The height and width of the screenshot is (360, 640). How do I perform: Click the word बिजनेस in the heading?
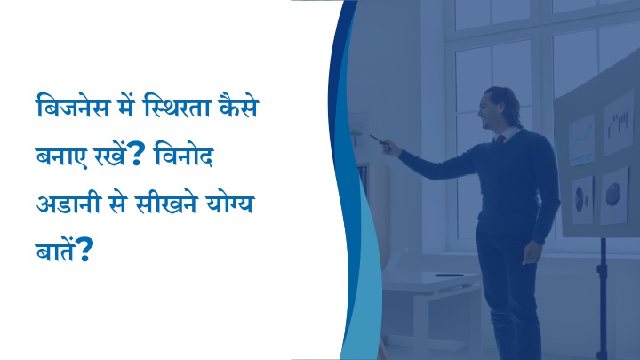pos(74,107)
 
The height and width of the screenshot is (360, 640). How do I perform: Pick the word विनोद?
pos(185,154)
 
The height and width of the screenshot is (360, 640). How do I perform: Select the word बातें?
pos(56,250)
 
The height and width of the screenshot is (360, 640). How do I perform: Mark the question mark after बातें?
pos(85,250)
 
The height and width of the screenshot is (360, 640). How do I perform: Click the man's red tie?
pos(500,140)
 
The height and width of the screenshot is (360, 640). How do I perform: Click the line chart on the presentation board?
pos(581,140)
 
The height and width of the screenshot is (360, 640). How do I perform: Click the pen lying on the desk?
pos(450,275)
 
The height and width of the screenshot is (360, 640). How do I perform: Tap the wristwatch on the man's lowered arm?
pos(540,240)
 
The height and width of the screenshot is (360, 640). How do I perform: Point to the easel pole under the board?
pos(602,299)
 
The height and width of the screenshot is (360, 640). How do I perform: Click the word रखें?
pos(109,155)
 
